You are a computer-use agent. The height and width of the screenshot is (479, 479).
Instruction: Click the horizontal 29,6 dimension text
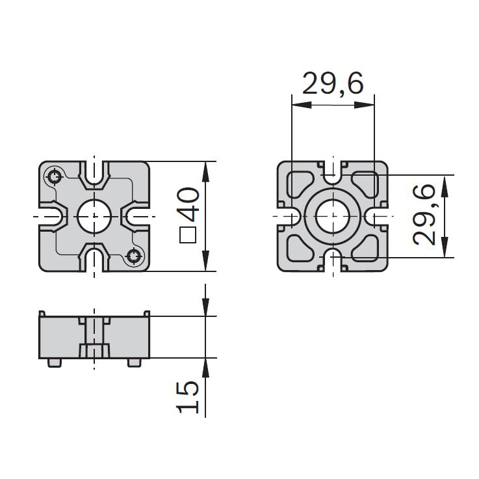tap(333, 83)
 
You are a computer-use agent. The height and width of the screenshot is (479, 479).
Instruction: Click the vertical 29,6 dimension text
tap(423, 214)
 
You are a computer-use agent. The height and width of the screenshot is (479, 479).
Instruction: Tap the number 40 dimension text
tap(188, 204)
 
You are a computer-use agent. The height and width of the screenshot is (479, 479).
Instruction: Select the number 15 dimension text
tap(188, 397)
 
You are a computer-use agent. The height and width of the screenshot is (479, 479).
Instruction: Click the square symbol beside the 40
tap(188, 235)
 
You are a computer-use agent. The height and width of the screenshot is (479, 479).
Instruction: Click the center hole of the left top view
tap(94, 216)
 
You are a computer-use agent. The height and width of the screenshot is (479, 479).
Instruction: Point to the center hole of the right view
tap(333, 216)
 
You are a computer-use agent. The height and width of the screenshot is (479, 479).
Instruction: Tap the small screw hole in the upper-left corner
tap(55, 176)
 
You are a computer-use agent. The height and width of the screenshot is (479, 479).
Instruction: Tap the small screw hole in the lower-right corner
tap(134, 256)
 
